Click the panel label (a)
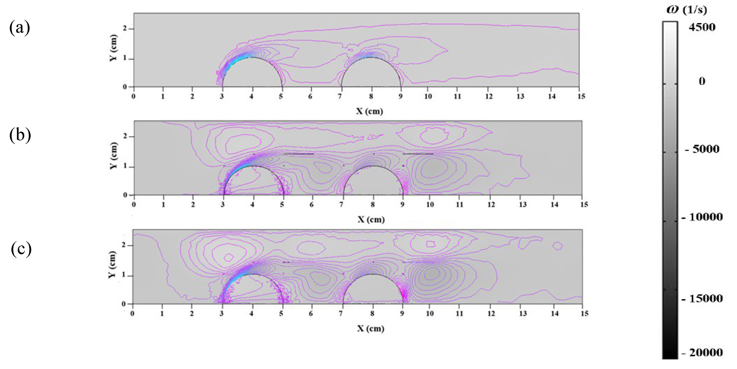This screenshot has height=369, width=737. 19,28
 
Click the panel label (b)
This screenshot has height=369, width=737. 20,135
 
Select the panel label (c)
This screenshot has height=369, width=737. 21,249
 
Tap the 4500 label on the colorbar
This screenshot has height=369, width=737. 702,27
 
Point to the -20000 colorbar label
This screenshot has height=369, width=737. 702,352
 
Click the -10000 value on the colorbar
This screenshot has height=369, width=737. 702,217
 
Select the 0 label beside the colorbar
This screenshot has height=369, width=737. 702,81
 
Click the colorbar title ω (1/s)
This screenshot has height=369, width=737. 687,10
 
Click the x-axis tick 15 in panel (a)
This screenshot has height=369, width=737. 581,96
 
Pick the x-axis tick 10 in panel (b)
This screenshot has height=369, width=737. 430,204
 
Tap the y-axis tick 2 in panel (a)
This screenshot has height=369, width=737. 125,29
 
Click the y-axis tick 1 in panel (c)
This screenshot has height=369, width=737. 124,275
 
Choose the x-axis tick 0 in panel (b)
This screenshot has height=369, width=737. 134,204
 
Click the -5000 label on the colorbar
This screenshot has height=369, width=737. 702,149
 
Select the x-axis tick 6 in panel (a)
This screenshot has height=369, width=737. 310,96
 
